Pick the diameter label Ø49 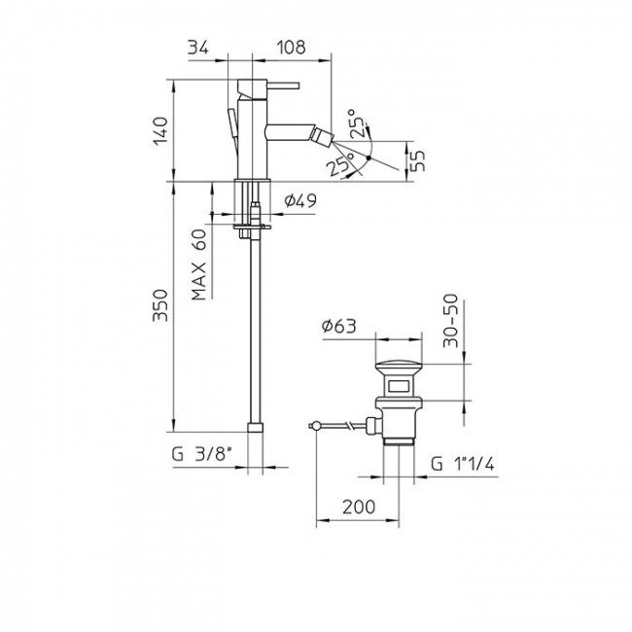pyautogui.click(x=298, y=201)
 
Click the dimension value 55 pyautogui.click(x=419, y=161)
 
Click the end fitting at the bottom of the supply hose pyautogui.click(x=255, y=427)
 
